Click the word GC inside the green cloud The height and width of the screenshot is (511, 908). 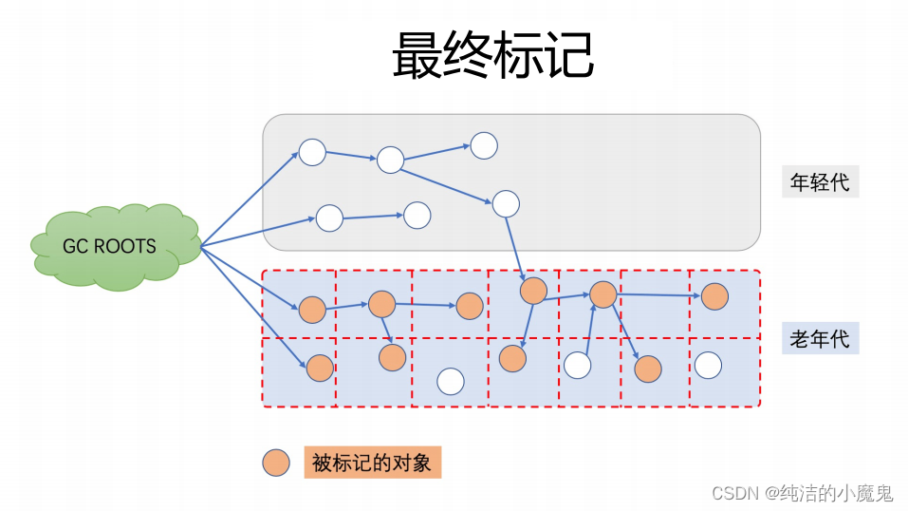(75, 246)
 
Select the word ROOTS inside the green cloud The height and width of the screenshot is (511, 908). (125, 246)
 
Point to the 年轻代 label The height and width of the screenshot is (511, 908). (820, 182)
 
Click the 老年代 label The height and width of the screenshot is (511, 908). (820, 337)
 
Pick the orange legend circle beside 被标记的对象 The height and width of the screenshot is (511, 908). (276, 464)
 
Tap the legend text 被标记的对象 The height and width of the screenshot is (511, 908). (372, 463)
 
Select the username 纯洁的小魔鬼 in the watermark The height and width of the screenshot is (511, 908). (836, 493)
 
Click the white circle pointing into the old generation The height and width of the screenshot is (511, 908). (506, 203)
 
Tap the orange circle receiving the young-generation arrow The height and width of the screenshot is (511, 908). (533, 290)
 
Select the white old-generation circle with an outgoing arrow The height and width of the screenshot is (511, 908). (578, 365)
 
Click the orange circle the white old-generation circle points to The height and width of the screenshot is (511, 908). (603, 294)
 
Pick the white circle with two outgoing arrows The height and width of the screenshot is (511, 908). (391, 160)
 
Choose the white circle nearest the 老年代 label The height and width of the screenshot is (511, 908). (708, 365)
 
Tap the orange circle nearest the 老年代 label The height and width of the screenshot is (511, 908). (714, 295)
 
